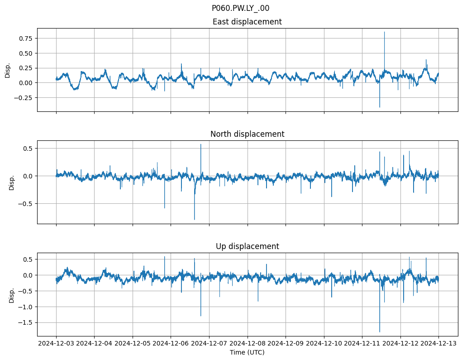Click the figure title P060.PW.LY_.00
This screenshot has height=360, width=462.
coord(240,8)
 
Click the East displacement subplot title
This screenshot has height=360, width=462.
coord(247,22)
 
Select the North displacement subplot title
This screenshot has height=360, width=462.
coord(247,134)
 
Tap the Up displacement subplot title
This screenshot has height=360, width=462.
coord(247,246)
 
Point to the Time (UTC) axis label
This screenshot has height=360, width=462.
coord(247,352)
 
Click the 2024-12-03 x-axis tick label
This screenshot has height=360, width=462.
coord(56,344)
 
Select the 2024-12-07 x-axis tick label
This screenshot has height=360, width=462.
coord(209,344)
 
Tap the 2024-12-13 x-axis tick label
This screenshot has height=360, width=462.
coord(438,344)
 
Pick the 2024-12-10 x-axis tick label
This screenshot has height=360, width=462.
coord(324,344)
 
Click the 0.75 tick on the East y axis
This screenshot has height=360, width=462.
coord(26,38)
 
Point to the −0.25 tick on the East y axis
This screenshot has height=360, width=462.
coord(24,97)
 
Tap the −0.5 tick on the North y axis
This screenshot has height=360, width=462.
coord(26,204)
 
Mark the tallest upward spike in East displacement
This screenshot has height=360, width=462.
coord(384,32)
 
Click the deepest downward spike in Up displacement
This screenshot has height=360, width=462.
coord(380,331)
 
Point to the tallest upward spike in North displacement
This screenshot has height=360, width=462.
coord(201,144)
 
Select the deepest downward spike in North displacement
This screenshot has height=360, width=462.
coord(195,219)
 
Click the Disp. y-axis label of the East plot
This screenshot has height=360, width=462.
coord(8,70)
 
